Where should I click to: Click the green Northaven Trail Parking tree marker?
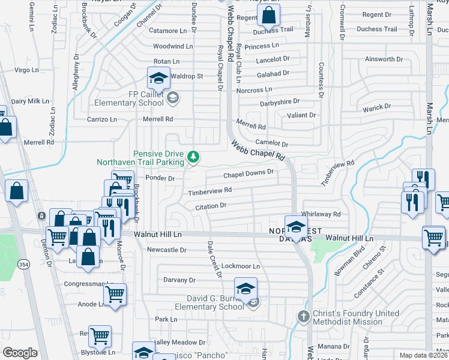coord(193,157)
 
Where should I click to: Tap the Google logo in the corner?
coord(20,353)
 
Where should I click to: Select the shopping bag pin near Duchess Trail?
coord(270,15)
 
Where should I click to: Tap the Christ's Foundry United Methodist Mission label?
coord(357,317)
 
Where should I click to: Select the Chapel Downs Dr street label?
coord(249,174)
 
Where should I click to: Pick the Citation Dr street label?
coord(210,206)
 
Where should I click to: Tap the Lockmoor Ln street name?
coord(241,266)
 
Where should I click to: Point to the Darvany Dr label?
coord(179,280)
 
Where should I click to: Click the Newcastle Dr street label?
coord(167,250)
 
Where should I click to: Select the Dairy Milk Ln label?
coord(29,101)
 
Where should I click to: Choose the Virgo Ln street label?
coord(26,70)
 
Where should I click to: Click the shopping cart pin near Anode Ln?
coord(115,295)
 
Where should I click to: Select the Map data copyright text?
coord(424,355)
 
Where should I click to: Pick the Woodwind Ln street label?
coord(173,46)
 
